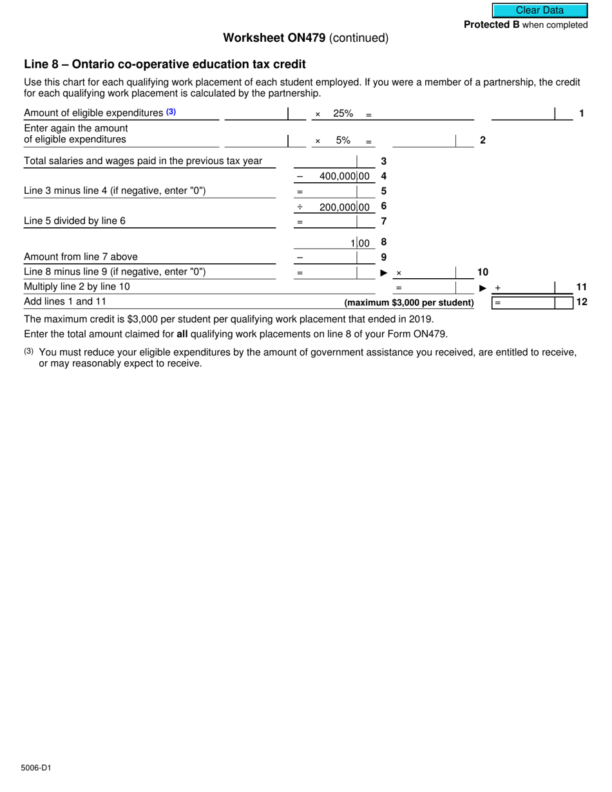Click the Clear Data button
pyautogui.click(x=540, y=10)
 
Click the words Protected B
pyautogui.click(x=492, y=25)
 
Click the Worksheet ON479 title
pyautogui.click(x=274, y=38)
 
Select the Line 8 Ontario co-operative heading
pyautogui.click(x=164, y=64)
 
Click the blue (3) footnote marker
pyautogui.click(x=171, y=112)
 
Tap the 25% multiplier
pyautogui.click(x=343, y=114)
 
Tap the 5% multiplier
pyautogui.click(x=343, y=140)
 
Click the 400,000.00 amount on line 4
pyautogui.click(x=345, y=176)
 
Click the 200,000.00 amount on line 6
pyautogui.click(x=345, y=207)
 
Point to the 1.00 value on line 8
pyautogui.click(x=360, y=243)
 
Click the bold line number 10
pyautogui.click(x=483, y=272)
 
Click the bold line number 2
pyautogui.click(x=483, y=140)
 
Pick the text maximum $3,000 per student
pyautogui.click(x=409, y=303)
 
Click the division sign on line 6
pyautogui.click(x=300, y=207)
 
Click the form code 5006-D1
pyautogui.click(x=35, y=768)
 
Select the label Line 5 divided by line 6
pyautogui.click(x=75, y=221)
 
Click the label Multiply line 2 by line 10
pyautogui.click(x=77, y=287)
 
